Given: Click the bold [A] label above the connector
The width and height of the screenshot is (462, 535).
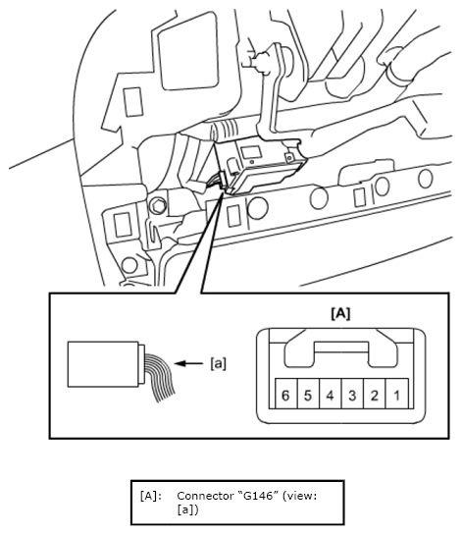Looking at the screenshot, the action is pos(340,313).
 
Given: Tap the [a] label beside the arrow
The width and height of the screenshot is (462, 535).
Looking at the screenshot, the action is pos(218,363).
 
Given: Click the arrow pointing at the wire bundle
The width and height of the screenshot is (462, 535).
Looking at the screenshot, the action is pos(188,363).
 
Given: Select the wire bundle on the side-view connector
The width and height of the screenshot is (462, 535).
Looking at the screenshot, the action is pos(160,376).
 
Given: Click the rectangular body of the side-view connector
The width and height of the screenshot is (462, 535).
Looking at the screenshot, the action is pos(103,364).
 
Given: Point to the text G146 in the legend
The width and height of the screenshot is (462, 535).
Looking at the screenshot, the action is pos(257,496).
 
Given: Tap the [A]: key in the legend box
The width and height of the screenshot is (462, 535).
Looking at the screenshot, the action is pos(151,496).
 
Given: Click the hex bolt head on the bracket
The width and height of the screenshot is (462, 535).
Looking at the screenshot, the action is pos(158,205).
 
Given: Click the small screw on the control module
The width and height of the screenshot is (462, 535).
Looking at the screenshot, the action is pos(289,158).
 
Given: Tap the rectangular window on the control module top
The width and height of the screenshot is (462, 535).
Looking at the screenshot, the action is pos(250,152).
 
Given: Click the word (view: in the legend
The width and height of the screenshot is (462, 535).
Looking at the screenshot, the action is pos(300,496).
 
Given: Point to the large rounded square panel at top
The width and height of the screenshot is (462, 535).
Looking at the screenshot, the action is pos(188,51).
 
